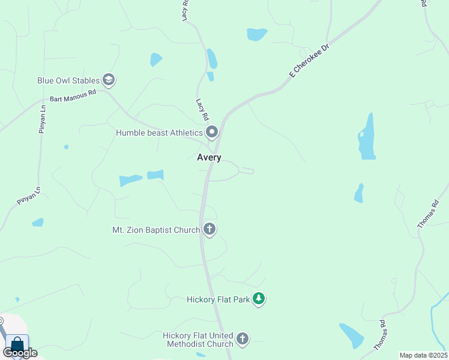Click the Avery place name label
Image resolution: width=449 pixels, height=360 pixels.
pos(209,157)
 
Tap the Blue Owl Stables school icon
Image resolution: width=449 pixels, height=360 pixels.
pos(109,79)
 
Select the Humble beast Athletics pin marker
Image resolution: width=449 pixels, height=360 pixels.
pos(212,132)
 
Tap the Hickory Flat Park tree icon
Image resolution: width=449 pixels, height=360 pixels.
pos(259,298)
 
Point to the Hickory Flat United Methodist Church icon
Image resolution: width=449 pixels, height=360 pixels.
pos(243,339)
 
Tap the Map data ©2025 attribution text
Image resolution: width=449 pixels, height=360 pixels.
pos(423,355)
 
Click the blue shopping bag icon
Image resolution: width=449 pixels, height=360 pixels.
pos(16,344)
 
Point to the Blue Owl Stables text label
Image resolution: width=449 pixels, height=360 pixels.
pos(68,80)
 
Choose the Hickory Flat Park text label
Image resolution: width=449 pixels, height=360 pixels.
pos(218,299)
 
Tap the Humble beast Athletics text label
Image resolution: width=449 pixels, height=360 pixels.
pos(160,133)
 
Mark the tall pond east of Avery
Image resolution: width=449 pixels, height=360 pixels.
pos(366,137)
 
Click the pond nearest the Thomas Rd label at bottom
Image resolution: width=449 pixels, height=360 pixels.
pos(352,336)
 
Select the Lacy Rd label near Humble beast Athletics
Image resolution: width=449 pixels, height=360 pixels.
pos(202,109)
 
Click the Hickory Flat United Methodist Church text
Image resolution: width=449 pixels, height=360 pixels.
pos(198,340)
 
